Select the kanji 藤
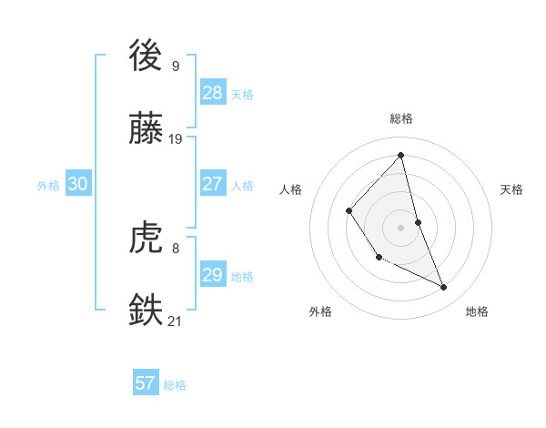pos(147,129)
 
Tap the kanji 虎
pos(147,239)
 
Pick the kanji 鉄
pos(147,309)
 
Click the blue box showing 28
pos(212,92)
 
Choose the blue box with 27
pos(212,184)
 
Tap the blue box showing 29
pos(212,275)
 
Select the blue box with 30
pos(77,184)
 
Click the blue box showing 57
pos(145,383)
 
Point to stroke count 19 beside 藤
pos(176,139)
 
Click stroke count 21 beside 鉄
pos(176,321)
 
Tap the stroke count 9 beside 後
pos(176,66)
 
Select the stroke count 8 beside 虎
pos(176,248)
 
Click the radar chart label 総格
pos(401,118)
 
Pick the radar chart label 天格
pos(511,189)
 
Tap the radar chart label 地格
pos(477,311)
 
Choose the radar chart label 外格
pos(320,311)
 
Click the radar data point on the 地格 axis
pos(444,288)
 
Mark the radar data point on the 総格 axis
pos(401,155)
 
